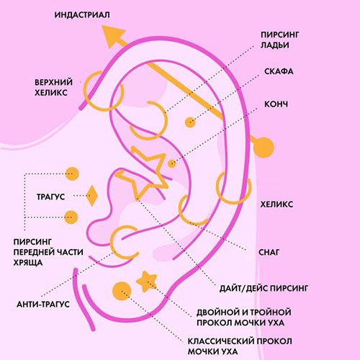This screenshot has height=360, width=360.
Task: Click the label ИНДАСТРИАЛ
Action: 82,15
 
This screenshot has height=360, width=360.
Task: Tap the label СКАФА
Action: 279,71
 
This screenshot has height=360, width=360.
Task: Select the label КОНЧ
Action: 276,104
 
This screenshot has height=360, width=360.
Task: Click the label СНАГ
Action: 269,252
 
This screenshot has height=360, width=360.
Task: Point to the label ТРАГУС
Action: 51,197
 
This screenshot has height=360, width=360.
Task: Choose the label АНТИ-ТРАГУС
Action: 43,305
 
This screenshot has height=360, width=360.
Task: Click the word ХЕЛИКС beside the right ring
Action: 276,204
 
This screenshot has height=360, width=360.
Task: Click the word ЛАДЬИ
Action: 275,45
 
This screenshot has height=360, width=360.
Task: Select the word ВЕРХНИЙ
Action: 53,82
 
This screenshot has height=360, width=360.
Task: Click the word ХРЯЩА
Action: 28,263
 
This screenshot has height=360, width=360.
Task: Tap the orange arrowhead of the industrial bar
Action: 113,36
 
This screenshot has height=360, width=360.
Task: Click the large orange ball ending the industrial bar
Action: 264,148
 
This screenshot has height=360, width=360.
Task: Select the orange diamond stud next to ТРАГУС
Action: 92,196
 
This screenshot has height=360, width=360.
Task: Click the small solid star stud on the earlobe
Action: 147,282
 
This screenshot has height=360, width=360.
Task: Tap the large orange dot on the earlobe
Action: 122,291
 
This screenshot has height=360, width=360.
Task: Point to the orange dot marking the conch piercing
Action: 171,164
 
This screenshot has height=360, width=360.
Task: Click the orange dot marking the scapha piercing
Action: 190,122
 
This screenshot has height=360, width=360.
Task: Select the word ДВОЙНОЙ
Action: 218,312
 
